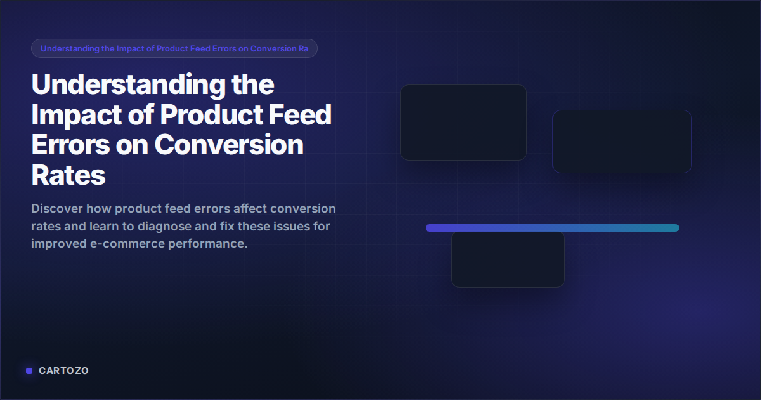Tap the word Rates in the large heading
(68, 175)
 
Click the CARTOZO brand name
(63, 371)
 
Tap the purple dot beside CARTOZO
(29, 371)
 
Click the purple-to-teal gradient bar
(552, 228)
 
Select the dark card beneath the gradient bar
(507, 260)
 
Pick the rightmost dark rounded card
(621, 142)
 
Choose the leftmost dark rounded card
(463, 123)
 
